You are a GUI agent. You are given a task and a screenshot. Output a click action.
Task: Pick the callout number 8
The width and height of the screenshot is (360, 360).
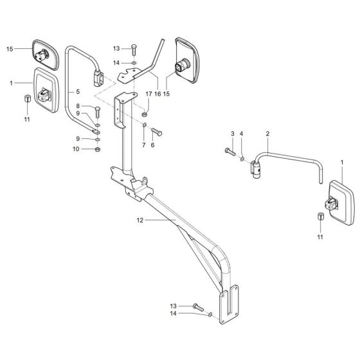coord(78,107)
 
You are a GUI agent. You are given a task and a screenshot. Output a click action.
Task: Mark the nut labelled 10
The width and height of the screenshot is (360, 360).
coord(96,149)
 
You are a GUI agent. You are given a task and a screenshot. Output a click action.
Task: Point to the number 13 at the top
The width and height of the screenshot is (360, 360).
coord(116,49)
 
